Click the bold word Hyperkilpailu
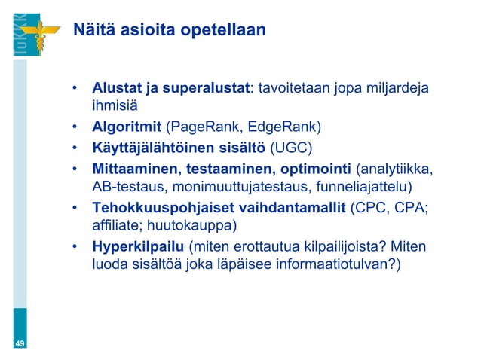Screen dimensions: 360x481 click(138, 246)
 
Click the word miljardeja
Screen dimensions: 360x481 click(398, 89)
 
